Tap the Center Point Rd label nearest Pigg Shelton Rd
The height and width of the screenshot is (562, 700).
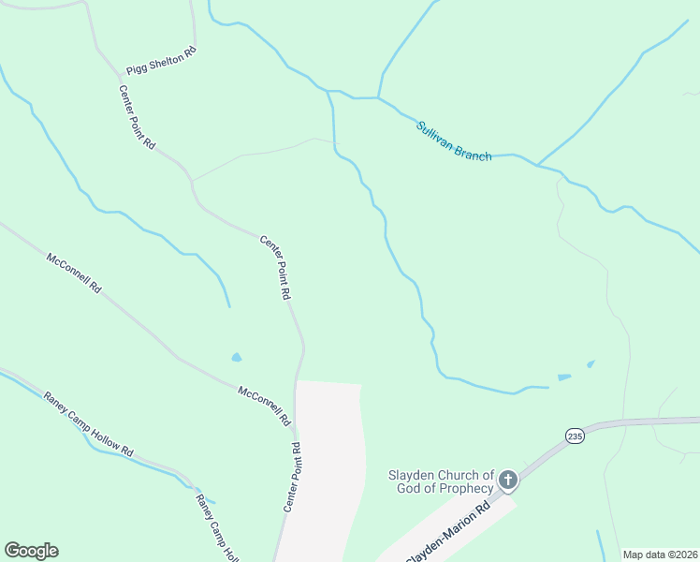pos(138,117)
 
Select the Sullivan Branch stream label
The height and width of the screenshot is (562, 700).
pos(454,140)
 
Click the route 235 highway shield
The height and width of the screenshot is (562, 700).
pos(575,436)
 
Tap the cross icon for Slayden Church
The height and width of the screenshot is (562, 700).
pos(507,481)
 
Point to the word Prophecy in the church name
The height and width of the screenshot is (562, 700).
pos(462,488)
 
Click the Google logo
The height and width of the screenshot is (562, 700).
pos(31,551)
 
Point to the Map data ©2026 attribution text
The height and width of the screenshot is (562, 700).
pos(659,555)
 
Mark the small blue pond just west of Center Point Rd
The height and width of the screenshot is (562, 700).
pos(236,357)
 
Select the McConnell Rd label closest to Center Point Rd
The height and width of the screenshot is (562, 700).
pos(264,406)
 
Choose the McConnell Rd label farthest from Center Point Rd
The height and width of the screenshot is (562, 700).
pos(73,272)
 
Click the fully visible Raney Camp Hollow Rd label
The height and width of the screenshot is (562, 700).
pos(89,424)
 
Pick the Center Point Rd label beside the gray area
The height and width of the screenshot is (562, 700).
pos(291,477)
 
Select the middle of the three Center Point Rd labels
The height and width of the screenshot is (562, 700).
pos(274,267)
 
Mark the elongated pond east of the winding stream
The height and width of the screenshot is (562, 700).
pos(564,377)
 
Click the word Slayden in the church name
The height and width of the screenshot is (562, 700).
pos(413,475)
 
